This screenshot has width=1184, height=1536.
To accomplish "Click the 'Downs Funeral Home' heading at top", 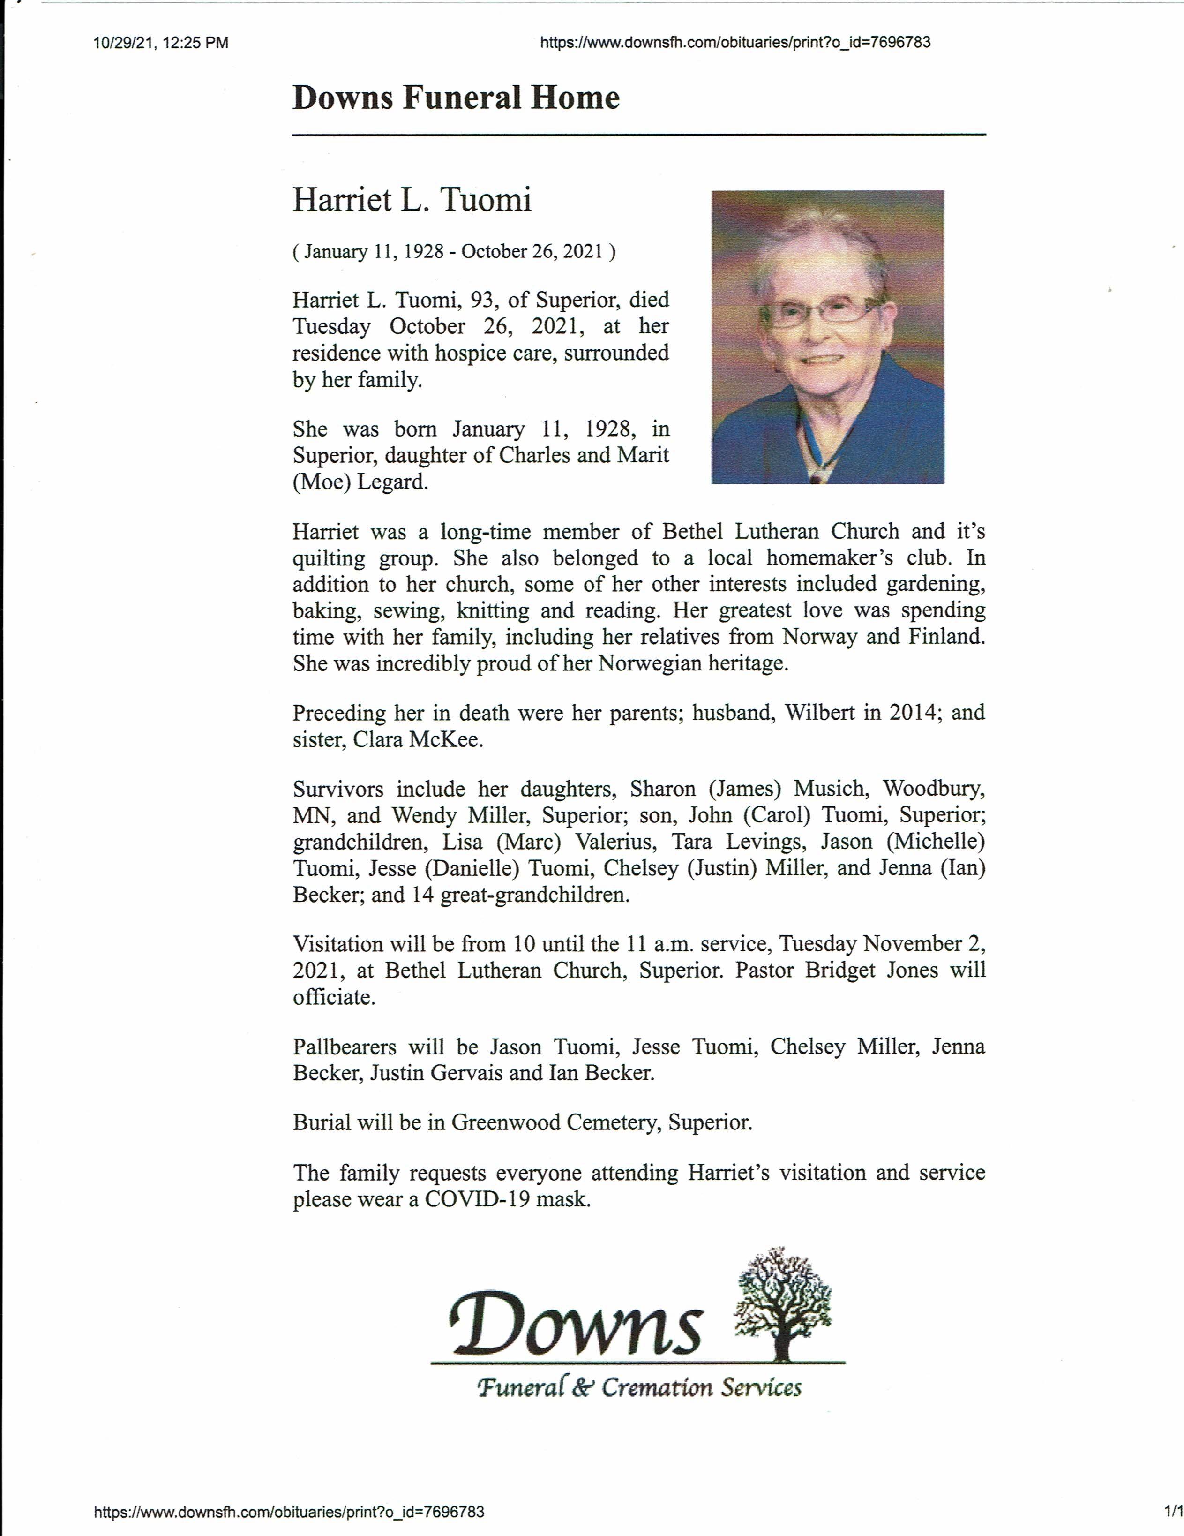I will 456,97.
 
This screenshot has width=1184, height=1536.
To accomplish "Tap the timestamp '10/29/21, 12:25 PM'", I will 160,43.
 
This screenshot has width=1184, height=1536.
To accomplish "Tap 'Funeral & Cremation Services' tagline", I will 638,1388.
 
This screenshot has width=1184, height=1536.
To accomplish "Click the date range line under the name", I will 454,252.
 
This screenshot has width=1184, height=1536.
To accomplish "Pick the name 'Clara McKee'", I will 418,740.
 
